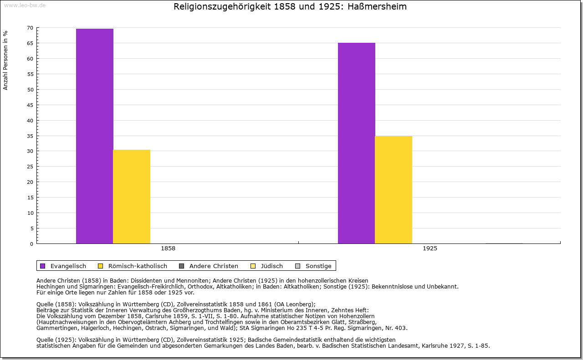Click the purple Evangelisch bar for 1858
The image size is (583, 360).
95,137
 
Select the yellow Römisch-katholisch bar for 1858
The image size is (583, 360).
132,197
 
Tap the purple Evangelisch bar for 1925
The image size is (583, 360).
357,143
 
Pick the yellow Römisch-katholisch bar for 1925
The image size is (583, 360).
394,190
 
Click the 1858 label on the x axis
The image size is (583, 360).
168,249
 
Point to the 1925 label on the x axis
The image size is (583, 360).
430,249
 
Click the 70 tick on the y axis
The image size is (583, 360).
30,28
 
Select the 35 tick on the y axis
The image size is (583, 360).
30,136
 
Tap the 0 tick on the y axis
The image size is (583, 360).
31,244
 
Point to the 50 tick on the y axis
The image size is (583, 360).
30,90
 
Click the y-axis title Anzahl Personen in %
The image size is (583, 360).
5,60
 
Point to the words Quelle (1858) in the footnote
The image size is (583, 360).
57,304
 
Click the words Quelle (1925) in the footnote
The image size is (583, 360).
57,340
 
